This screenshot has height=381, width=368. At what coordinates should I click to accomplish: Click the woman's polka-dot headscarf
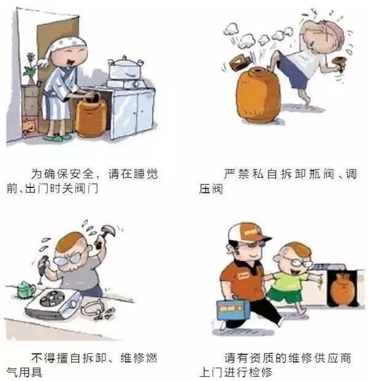66,44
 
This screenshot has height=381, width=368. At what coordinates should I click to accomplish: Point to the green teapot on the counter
25,288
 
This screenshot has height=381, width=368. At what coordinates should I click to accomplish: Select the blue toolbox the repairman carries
233,309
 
